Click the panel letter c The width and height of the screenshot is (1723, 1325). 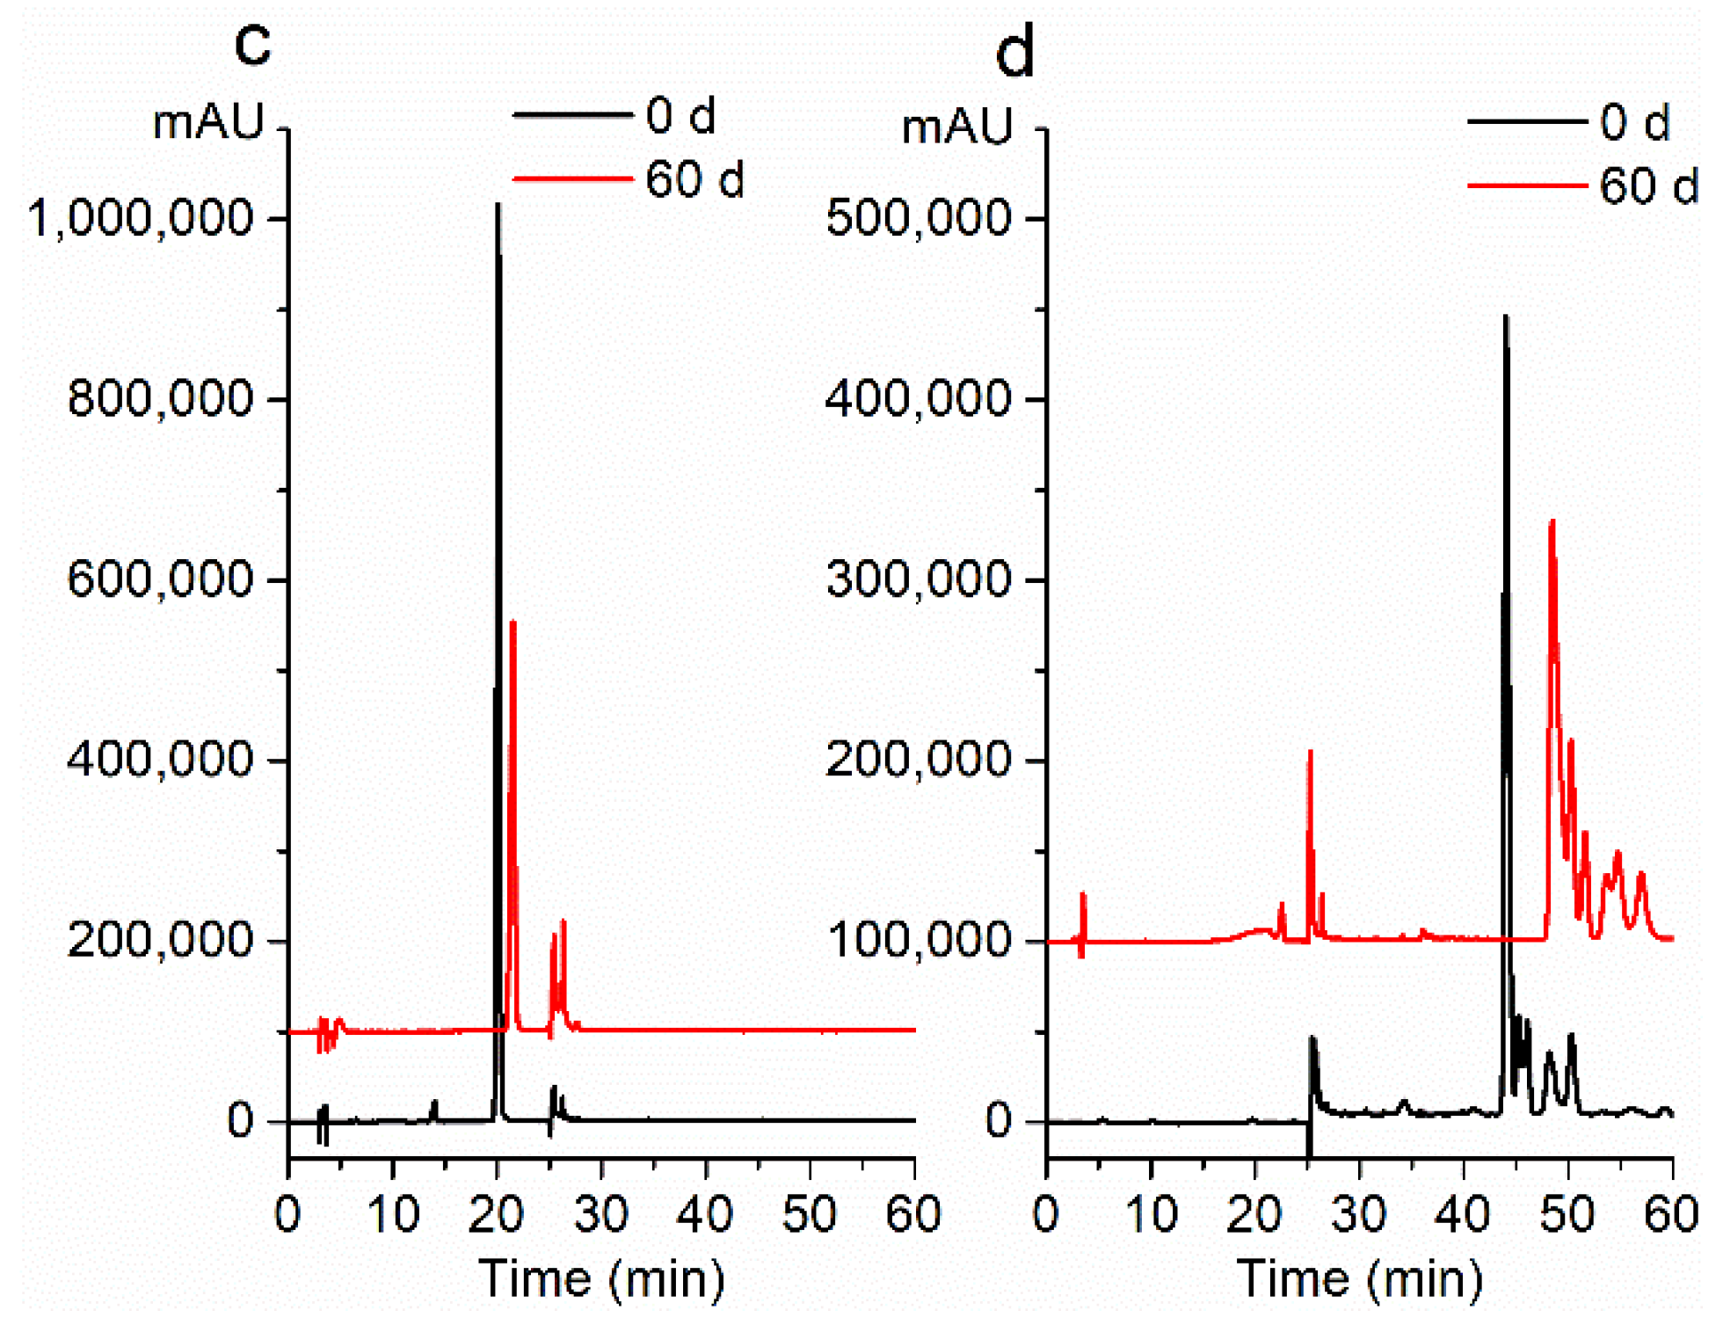point(252,44)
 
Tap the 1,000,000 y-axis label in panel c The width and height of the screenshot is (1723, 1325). point(141,218)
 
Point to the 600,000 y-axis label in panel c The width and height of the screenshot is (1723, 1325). point(160,579)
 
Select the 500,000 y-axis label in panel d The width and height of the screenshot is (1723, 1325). point(918,218)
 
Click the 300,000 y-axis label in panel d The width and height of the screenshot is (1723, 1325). point(918,579)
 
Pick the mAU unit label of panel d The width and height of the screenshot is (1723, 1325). point(956,127)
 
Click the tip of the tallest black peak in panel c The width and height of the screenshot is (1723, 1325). point(498,206)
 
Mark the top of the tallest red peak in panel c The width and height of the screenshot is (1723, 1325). point(513,622)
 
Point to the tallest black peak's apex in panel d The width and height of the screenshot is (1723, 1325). point(1505,317)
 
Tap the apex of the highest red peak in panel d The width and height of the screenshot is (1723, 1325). point(1552,521)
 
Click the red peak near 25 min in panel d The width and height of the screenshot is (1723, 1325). point(1310,752)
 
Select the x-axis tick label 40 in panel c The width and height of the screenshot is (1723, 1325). point(705,1214)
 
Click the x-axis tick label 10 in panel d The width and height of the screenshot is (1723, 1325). point(1151,1214)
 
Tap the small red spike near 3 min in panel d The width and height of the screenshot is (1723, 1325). point(1083,895)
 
